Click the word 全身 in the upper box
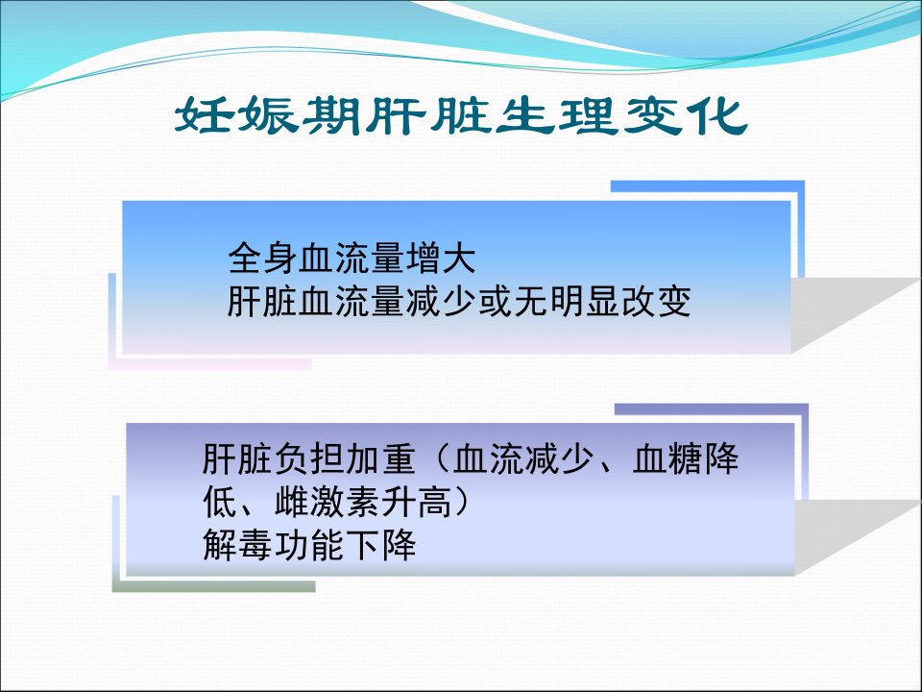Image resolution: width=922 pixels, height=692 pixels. tap(263, 259)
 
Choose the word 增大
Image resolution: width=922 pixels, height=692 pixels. tap(441, 259)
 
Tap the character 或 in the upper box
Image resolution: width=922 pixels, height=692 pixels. tap(495, 301)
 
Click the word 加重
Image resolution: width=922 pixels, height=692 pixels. tap(381, 459)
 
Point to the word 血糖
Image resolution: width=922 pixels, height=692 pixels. tap(667, 459)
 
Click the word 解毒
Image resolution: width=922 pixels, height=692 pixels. tap(237, 545)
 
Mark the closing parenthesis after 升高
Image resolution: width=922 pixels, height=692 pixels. tap(462, 503)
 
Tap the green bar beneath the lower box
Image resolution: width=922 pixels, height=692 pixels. tap(213, 586)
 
